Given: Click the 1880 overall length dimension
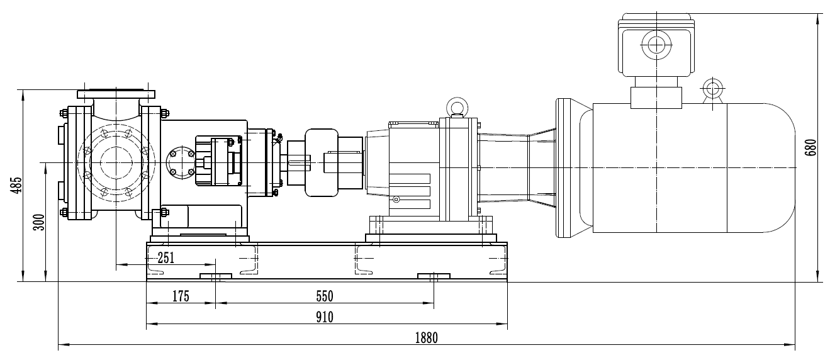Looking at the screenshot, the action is [x=426, y=338].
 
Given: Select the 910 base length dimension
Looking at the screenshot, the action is [x=325, y=317].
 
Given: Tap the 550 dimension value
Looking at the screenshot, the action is [x=325, y=296].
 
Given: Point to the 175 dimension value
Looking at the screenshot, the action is [x=181, y=296].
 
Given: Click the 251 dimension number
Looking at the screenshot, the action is [x=165, y=257].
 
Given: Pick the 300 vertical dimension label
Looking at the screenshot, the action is [x=39, y=222].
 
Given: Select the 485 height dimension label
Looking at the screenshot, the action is [x=16, y=185].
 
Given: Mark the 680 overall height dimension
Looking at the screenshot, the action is [x=810, y=147].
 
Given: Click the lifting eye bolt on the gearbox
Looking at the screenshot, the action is [x=457, y=108].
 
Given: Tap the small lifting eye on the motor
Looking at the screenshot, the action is [x=712, y=91].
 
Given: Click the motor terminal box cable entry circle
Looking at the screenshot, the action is [x=656, y=45].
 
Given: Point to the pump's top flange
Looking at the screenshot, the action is [x=116, y=94].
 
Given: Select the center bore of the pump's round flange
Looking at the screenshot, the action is [x=116, y=163].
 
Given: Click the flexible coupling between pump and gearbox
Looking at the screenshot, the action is [x=322, y=163].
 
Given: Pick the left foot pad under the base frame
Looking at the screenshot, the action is [x=216, y=276].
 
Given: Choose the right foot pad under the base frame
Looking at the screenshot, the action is [x=434, y=276].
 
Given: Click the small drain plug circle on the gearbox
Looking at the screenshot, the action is [x=396, y=200].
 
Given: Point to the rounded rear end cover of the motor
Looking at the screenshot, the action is [x=761, y=168].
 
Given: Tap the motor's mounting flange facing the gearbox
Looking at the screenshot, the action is [x=563, y=168].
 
